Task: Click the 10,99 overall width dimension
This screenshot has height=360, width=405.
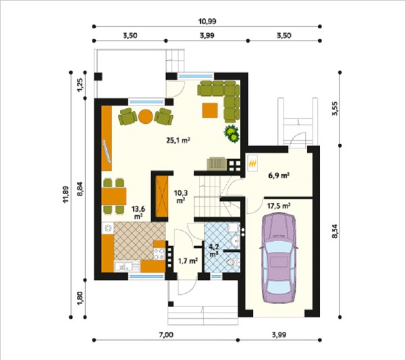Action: tap(207, 21)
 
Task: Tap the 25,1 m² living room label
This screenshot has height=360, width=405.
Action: tap(178, 140)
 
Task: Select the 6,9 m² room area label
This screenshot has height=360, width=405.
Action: tap(278, 176)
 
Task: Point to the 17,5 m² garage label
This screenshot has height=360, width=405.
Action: tap(279, 206)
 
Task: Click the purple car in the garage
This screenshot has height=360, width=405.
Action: tap(279, 258)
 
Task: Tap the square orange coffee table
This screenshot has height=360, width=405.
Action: tap(210, 110)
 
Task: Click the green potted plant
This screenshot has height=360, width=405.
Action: tap(232, 133)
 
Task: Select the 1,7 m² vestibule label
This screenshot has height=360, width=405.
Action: tap(188, 261)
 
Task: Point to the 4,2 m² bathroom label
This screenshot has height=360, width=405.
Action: tap(213, 251)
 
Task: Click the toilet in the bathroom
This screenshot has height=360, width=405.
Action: tap(234, 263)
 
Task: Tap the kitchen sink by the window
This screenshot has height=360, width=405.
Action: tap(124, 266)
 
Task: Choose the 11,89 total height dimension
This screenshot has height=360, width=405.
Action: tap(65, 195)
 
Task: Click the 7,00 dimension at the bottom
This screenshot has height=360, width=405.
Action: tap(166, 335)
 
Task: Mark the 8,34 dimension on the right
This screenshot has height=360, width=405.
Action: tap(335, 231)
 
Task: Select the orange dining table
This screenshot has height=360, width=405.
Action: tap(114, 196)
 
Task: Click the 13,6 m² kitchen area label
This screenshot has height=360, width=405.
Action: tap(138, 212)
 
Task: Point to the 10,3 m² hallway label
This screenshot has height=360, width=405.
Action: tap(181, 196)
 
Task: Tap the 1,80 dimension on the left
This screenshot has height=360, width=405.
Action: tap(80, 299)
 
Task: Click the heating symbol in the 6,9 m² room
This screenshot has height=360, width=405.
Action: tap(252, 163)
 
